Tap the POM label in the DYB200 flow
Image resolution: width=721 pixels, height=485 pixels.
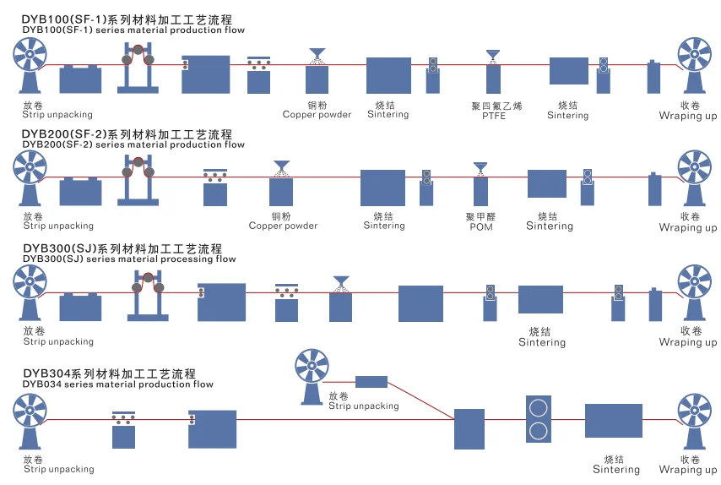[x=480, y=227]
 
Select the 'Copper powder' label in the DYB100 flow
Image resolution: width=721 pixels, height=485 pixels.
[x=317, y=115]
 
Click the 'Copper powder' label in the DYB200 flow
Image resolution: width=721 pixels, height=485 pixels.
[x=283, y=226]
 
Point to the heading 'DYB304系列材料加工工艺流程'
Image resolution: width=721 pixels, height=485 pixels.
[x=109, y=373]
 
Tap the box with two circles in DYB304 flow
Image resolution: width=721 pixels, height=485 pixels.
[x=538, y=418]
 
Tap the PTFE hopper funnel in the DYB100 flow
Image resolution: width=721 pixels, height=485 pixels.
[x=492, y=55]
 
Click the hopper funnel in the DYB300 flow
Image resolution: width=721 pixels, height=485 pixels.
[x=340, y=281]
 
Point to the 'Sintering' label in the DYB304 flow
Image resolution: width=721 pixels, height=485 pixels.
[x=615, y=470]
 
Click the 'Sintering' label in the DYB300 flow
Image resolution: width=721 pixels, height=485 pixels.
[x=541, y=342]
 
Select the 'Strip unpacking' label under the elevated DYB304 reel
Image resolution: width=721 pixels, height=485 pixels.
[x=363, y=406]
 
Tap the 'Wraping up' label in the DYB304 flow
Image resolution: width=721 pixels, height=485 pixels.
[x=687, y=470]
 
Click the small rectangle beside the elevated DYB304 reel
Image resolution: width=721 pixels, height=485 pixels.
[x=371, y=381]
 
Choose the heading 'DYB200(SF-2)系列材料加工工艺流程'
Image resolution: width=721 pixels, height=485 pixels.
[x=127, y=134]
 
